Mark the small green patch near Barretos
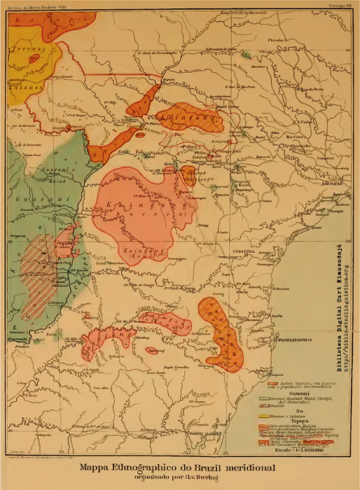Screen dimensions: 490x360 pyautogui.click(x=245, y=55)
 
